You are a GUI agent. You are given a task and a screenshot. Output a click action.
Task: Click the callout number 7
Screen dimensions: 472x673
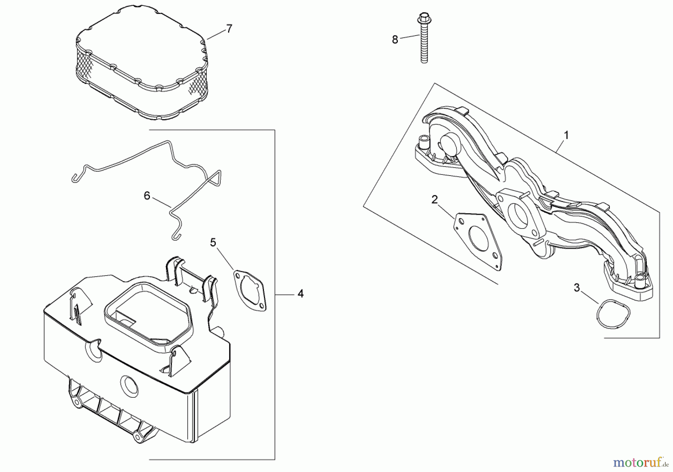[229, 28]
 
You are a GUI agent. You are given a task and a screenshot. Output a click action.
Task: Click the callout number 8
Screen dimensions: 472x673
[395, 40]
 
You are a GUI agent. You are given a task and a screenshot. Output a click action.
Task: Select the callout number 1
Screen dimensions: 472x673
[566, 135]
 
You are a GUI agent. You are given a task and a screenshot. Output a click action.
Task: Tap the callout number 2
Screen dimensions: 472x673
[434, 200]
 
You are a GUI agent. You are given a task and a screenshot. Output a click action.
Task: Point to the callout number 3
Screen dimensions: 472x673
[577, 288]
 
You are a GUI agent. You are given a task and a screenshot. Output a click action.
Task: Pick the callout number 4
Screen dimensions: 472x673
[301, 294]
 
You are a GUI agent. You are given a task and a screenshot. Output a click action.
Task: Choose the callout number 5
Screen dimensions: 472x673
[213, 243]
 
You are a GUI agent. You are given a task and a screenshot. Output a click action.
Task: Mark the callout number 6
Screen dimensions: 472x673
[147, 196]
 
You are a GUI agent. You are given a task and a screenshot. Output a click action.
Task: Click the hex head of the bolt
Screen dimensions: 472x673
[423, 17]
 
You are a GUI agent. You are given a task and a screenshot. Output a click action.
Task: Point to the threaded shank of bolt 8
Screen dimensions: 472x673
[424, 49]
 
